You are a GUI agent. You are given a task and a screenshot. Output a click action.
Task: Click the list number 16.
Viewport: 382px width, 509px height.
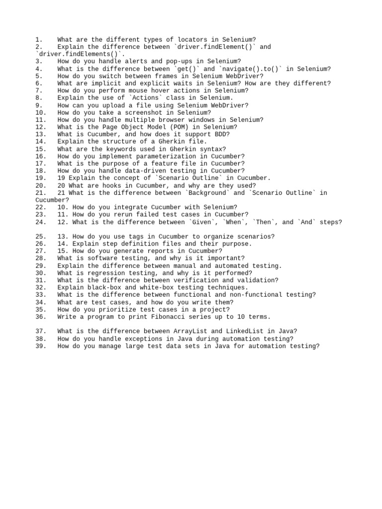tap(41, 156)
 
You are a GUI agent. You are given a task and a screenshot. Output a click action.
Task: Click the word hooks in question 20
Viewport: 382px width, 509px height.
tap(119, 185)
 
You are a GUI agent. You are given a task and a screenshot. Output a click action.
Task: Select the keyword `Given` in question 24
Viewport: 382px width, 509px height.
tap(203, 222)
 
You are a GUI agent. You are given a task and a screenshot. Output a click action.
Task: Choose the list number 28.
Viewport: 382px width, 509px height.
tap(41, 258)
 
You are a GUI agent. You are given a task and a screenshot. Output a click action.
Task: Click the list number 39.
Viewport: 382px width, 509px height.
tap(41, 346)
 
